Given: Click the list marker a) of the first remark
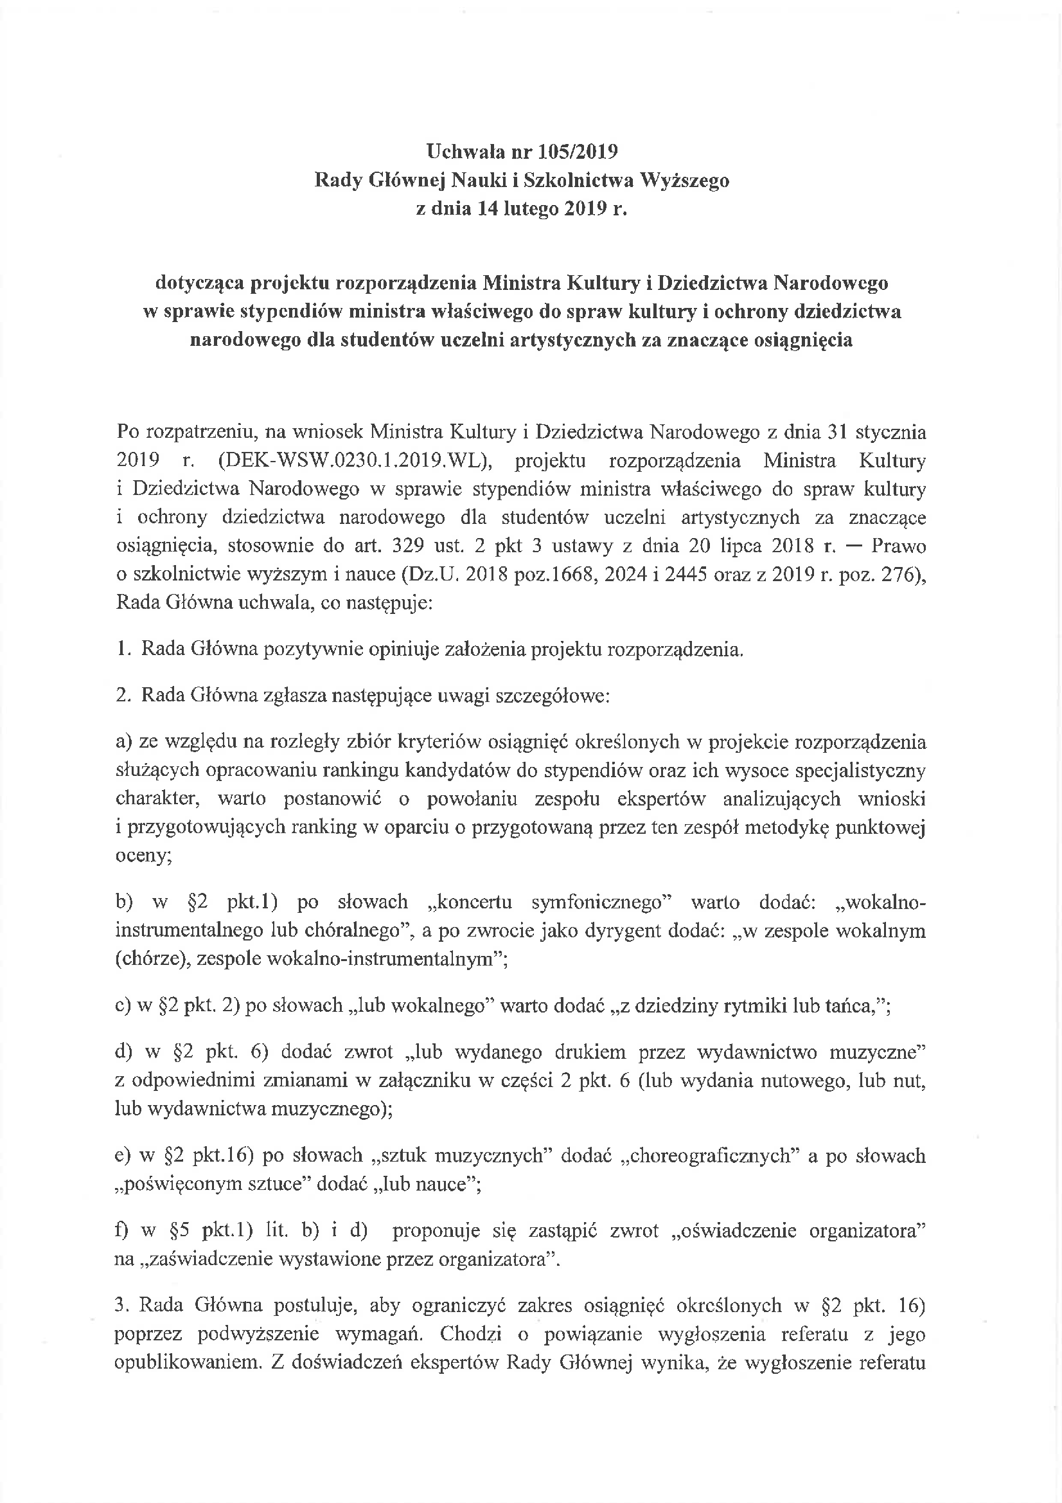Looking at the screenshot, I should click(x=123, y=742).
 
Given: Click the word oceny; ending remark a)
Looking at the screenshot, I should click(x=143, y=856).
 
